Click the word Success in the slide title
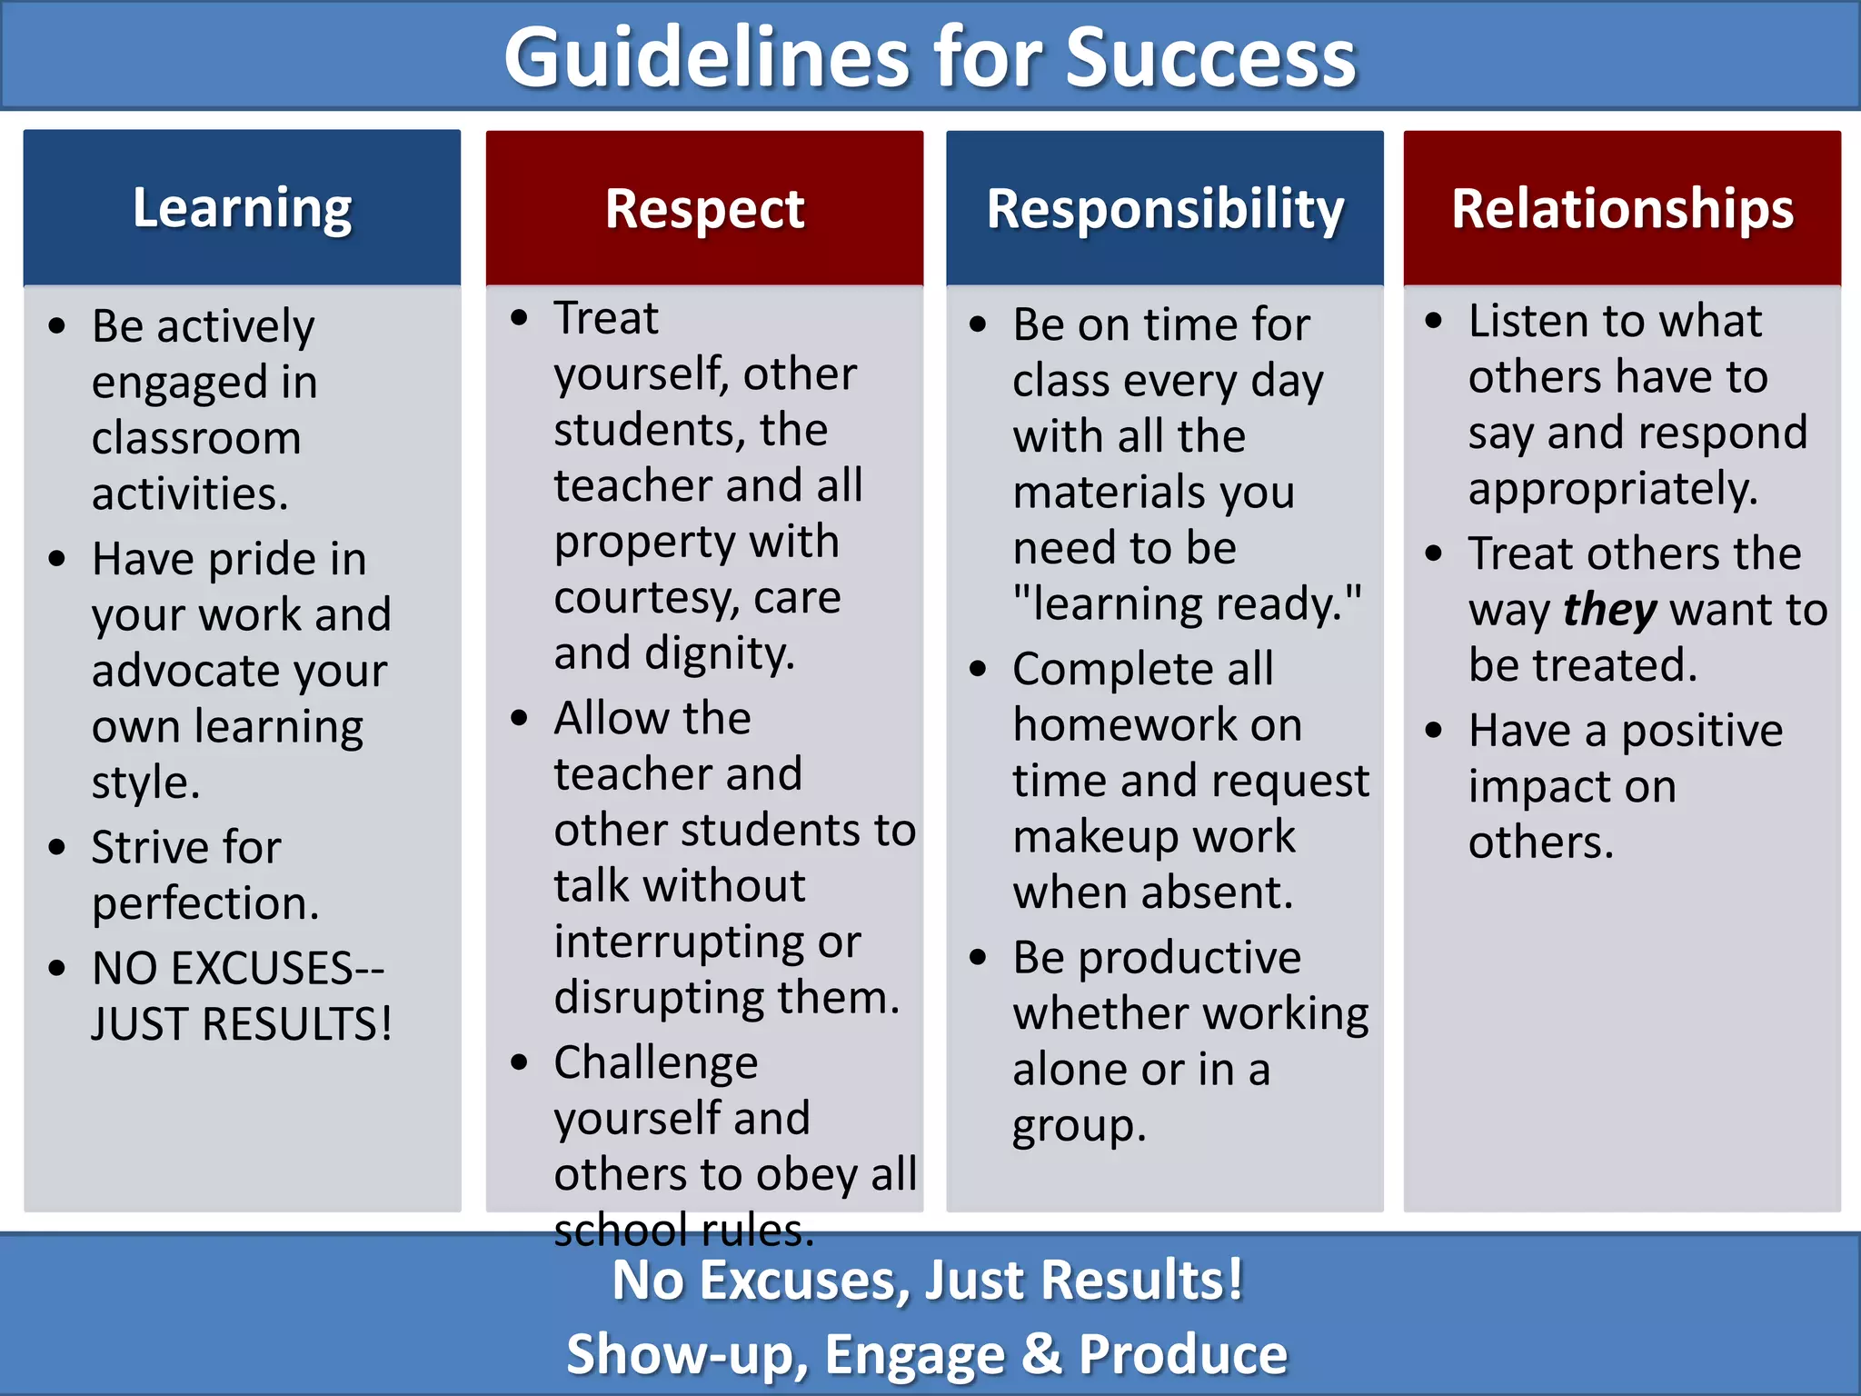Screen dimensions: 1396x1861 coord(1210,58)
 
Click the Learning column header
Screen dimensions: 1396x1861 coord(242,208)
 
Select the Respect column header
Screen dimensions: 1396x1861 coord(704,209)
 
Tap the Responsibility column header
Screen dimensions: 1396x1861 coord(1165,209)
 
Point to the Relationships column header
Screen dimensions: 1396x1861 coord(1622,209)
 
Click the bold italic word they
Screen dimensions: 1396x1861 coord(1609,610)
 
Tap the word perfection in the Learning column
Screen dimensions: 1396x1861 coord(204,904)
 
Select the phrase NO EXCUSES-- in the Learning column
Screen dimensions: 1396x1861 coord(238,968)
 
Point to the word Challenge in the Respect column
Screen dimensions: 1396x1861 coord(656,1062)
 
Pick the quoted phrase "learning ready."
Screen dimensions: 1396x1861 coord(1188,604)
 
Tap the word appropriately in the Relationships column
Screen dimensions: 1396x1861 coord(1613,490)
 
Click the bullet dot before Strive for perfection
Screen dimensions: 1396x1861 coord(57,847)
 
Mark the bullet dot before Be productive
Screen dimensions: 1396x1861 coord(978,957)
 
